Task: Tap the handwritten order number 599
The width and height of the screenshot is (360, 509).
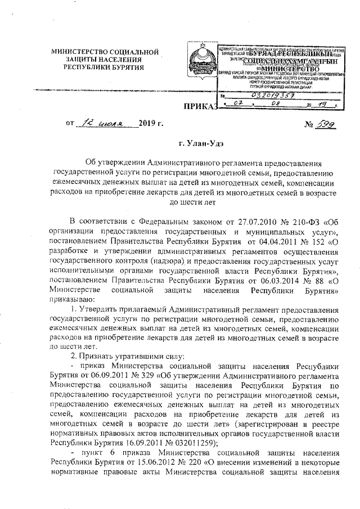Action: [x=322, y=123]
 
